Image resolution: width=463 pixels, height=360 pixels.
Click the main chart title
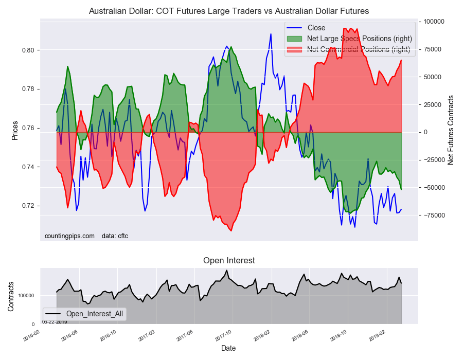[228, 11]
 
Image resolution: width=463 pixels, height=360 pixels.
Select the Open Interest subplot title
[229, 260]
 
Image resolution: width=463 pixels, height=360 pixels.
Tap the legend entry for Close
[316, 28]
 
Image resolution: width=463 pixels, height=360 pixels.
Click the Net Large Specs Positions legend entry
[359, 39]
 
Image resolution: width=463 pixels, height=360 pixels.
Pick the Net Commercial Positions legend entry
[358, 49]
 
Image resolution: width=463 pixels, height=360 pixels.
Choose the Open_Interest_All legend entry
[94, 313]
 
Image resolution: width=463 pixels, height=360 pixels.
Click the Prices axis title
[15, 131]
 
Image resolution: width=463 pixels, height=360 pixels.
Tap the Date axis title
[228, 348]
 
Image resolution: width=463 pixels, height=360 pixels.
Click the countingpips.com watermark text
[70, 236]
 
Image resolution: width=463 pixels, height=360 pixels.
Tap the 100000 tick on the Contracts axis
[27, 296]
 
